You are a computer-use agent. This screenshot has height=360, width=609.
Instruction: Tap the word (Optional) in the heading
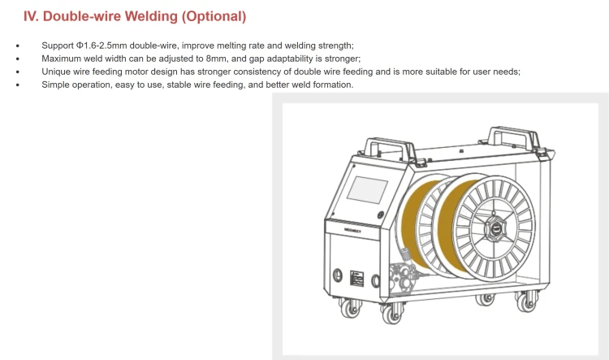pyautogui.click(x=214, y=16)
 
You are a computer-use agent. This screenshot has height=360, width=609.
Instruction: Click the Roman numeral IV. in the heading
pyautogui.click(x=31, y=16)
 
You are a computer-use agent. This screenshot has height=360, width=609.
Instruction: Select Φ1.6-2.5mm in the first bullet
pyautogui.click(x=101, y=46)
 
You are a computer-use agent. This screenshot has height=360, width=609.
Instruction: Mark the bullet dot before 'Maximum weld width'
pyautogui.click(x=18, y=59)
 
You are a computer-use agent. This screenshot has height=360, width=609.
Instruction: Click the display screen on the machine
pyautogui.click(x=367, y=189)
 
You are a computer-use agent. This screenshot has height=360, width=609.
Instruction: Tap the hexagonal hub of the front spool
pyautogui.click(x=495, y=228)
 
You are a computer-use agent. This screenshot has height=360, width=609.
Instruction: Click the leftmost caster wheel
pyautogui.click(x=350, y=308)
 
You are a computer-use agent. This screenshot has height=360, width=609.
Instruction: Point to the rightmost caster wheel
pyautogui.click(x=526, y=301)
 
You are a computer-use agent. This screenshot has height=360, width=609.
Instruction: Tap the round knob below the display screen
pyautogui.click(x=381, y=215)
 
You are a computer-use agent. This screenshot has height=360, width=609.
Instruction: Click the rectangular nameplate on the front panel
pyautogui.click(x=357, y=279)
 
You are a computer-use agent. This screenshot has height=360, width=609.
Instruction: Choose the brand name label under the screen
pyautogui.click(x=352, y=231)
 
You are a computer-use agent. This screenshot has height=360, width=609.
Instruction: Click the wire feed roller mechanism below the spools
pyautogui.click(x=404, y=275)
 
